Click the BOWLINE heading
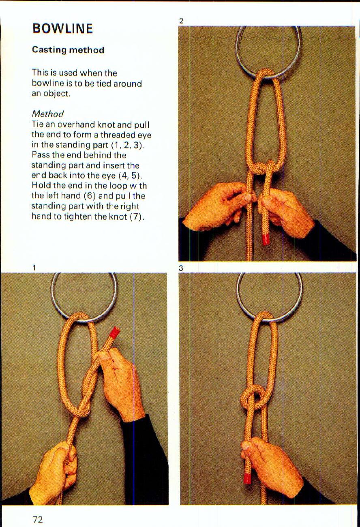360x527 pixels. click(63, 28)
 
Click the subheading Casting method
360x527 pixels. click(68, 50)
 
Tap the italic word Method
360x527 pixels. click(47, 114)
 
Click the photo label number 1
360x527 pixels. click(35, 268)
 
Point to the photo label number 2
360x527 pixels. click(181, 21)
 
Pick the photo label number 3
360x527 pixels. click(181, 268)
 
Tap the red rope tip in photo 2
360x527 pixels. click(266, 239)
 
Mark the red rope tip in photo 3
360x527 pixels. click(248, 478)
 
